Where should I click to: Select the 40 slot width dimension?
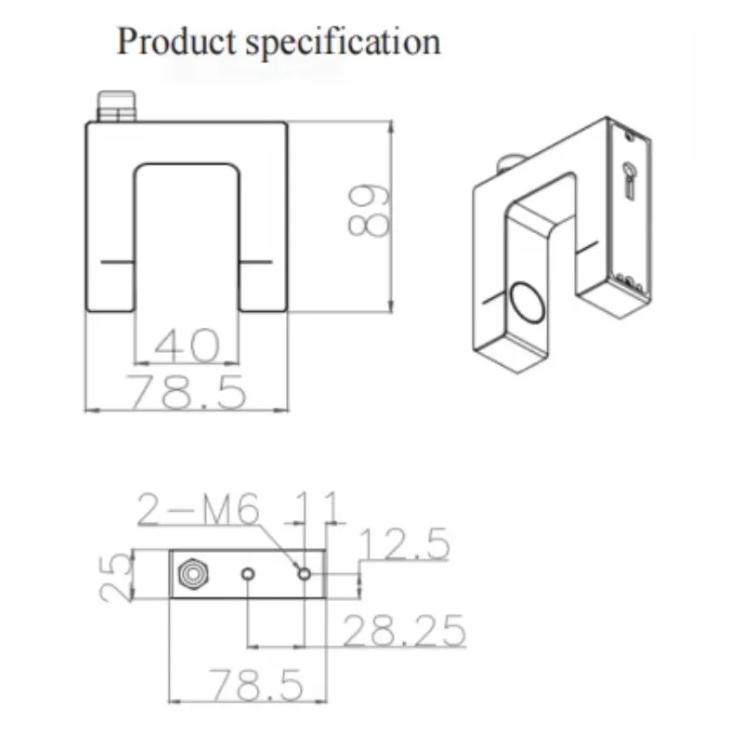point(187,345)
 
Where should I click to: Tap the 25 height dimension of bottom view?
point(114,577)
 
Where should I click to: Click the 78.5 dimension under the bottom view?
point(255,686)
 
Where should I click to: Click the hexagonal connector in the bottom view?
point(191,575)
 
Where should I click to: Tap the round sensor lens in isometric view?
point(526,304)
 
